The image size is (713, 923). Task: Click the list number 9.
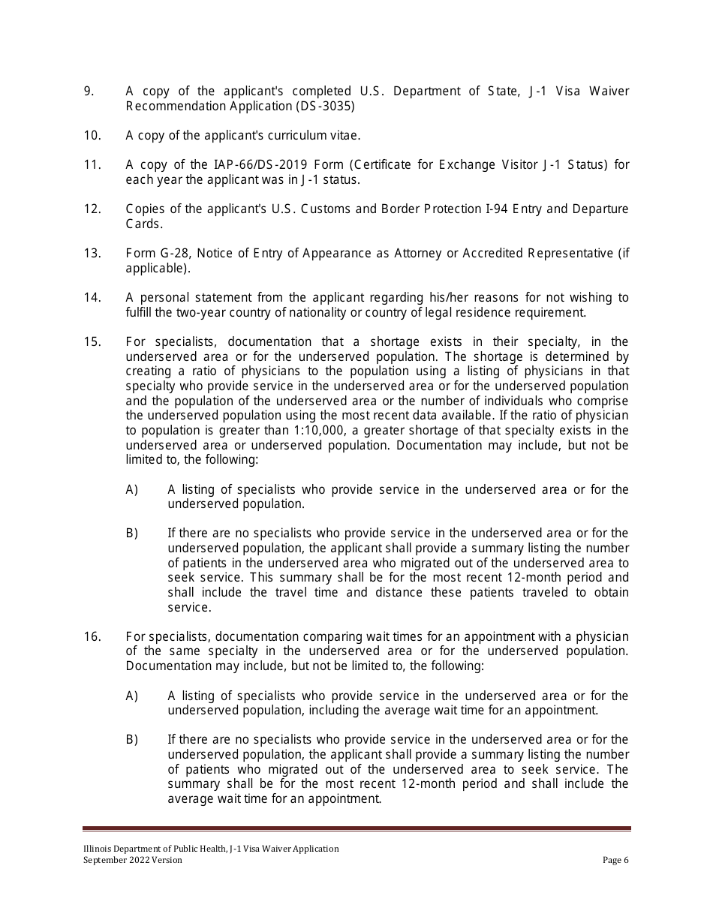click(89, 92)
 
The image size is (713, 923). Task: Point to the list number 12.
click(92, 209)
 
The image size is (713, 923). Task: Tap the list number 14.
click(92, 298)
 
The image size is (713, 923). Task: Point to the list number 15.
click(92, 342)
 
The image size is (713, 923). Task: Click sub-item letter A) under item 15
click(132, 490)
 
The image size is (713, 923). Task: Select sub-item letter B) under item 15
click(132, 534)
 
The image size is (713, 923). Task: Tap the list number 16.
click(92, 637)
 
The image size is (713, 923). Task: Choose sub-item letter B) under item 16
click(132, 740)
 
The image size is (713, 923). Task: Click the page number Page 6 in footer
click(615, 861)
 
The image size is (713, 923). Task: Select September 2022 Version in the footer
click(133, 861)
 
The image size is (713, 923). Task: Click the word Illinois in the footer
click(98, 849)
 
